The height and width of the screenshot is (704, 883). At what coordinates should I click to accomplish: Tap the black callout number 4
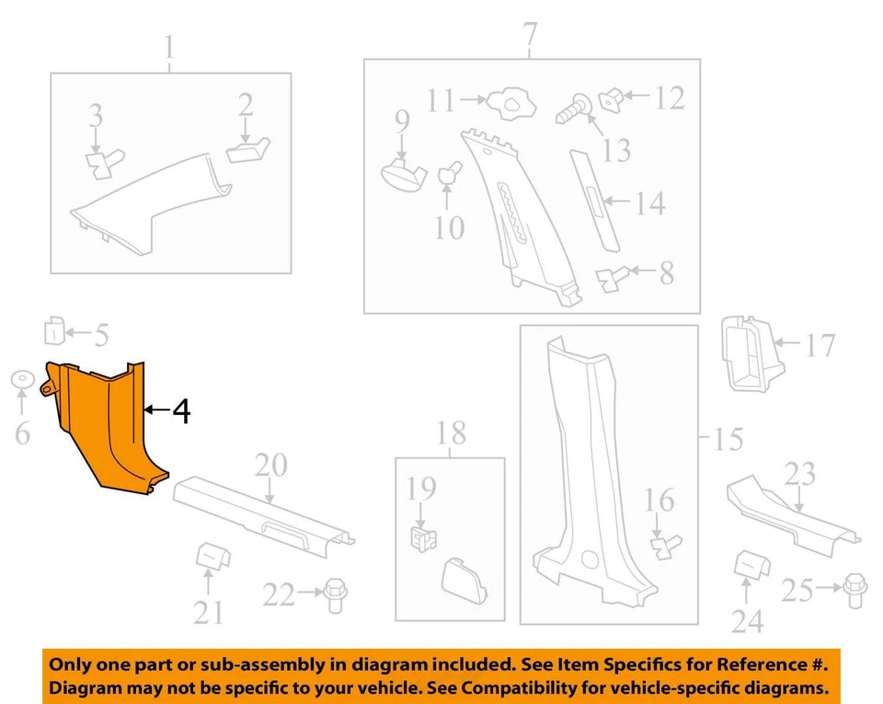(181, 410)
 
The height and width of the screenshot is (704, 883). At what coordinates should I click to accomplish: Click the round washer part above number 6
(23, 379)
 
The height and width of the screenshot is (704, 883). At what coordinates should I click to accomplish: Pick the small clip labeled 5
(54, 331)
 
